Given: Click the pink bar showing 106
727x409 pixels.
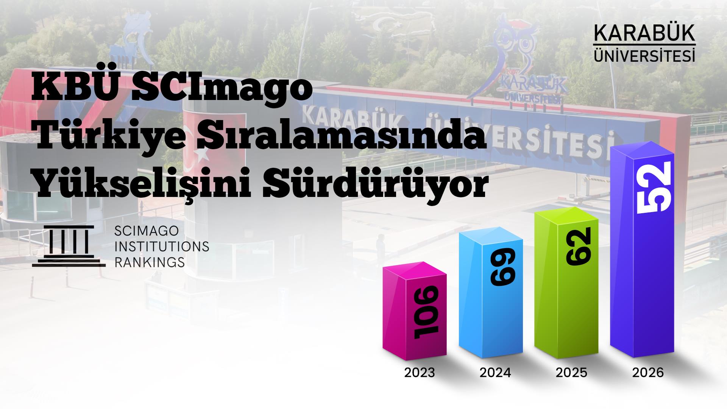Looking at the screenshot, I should click(x=415, y=314).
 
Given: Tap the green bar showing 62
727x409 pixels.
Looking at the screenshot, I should click(x=567, y=284).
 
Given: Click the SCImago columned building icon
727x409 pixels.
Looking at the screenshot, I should click(x=69, y=246).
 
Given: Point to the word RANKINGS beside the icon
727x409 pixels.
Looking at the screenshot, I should click(x=150, y=262).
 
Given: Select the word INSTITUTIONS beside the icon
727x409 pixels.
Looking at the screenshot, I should click(x=162, y=246).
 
